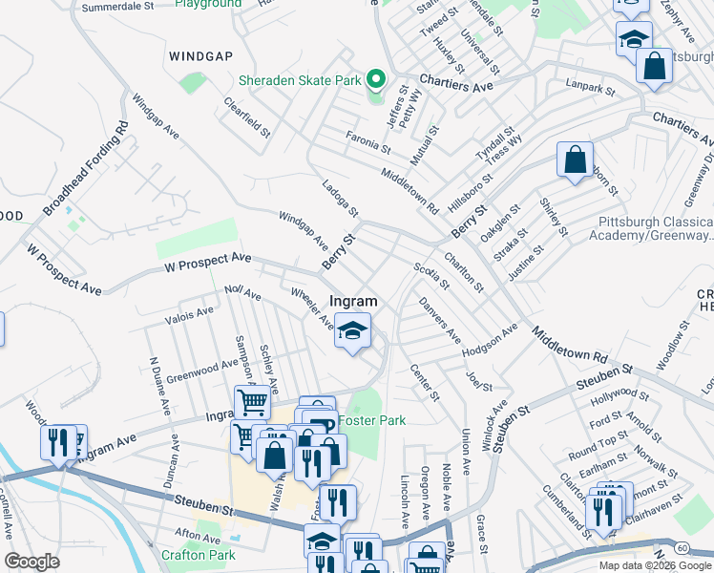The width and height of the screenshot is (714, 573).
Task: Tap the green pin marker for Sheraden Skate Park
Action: tap(375, 79)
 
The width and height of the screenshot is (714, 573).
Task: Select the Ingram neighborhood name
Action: tap(353, 301)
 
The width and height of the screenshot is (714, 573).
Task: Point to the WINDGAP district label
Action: tap(200, 56)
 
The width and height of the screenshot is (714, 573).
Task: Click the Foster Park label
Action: tap(372, 420)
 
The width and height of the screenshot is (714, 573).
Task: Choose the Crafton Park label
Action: tap(198, 555)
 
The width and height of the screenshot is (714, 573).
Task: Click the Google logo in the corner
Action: tap(31, 562)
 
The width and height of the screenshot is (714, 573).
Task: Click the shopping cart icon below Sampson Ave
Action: tap(252, 402)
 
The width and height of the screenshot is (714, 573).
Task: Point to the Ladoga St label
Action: tap(340, 198)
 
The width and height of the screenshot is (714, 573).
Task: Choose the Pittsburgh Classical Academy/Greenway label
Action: tap(655, 228)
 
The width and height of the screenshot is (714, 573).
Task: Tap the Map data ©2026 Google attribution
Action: tap(655, 564)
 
